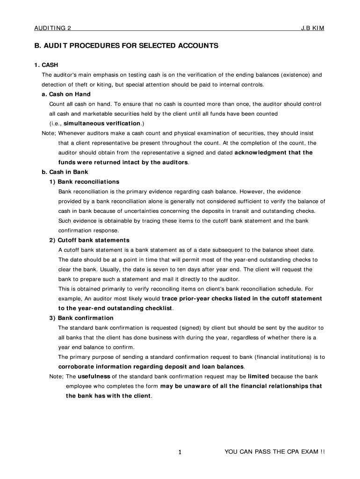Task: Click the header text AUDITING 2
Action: (52, 28)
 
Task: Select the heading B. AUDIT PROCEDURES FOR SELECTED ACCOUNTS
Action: (126, 46)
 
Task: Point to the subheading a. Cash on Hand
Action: (66, 94)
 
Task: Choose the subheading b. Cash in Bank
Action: (65, 172)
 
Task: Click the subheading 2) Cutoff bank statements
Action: (89, 240)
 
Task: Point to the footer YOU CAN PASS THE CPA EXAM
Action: (274, 452)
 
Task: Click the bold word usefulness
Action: (94, 376)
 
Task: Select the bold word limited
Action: (259, 376)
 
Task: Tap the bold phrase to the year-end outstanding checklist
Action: (115, 308)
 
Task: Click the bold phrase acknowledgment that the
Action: (274, 152)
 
